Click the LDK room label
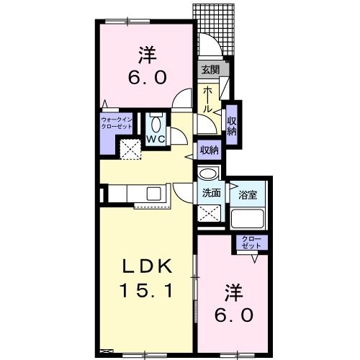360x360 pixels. pyautogui.click(x=148, y=266)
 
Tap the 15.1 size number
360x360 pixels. pyautogui.click(x=146, y=290)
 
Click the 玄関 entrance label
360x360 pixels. pyautogui.click(x=210, y=70)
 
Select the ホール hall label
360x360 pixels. pyautogui.click(x=207, y=100)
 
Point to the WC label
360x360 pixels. pyautogui.click(x=156, y=139)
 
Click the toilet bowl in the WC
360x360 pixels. pyautogui.click(x=156, y=125)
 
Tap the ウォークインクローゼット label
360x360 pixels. pyautogui.click(x=117, y=123)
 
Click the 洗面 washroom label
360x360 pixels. pyautogui.click(x=211, y=193)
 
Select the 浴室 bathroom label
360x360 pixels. pyautogui.click(x=248, y=195)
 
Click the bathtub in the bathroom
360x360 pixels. pyautogui.click(x=247, y=218)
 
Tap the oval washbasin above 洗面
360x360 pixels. pyautogui.click(x=208, y=174)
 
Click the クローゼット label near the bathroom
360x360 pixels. pyautogui.click(x=251, y=242)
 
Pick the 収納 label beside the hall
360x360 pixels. pyautogui.click(x=232, y=126)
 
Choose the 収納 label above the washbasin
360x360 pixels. pyautogui.click(x=210, y=150)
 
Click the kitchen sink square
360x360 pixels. pyautogui.click(x=153, y=194)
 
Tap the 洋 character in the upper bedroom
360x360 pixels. pyautogui.click(x=148, y=55)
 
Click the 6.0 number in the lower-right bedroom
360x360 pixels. pyautogui.click(x=233, y=315)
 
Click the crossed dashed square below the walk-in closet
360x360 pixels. pyautogui.click(x=130, y=149)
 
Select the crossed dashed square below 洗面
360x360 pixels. pyautogui.click(x=209, y=213)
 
